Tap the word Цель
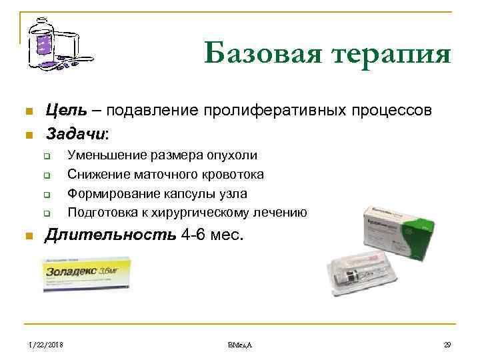(x=64, y=110)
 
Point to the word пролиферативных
(x=266, y=110)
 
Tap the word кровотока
(x=230, y=174)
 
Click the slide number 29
(x=447, y=343)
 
